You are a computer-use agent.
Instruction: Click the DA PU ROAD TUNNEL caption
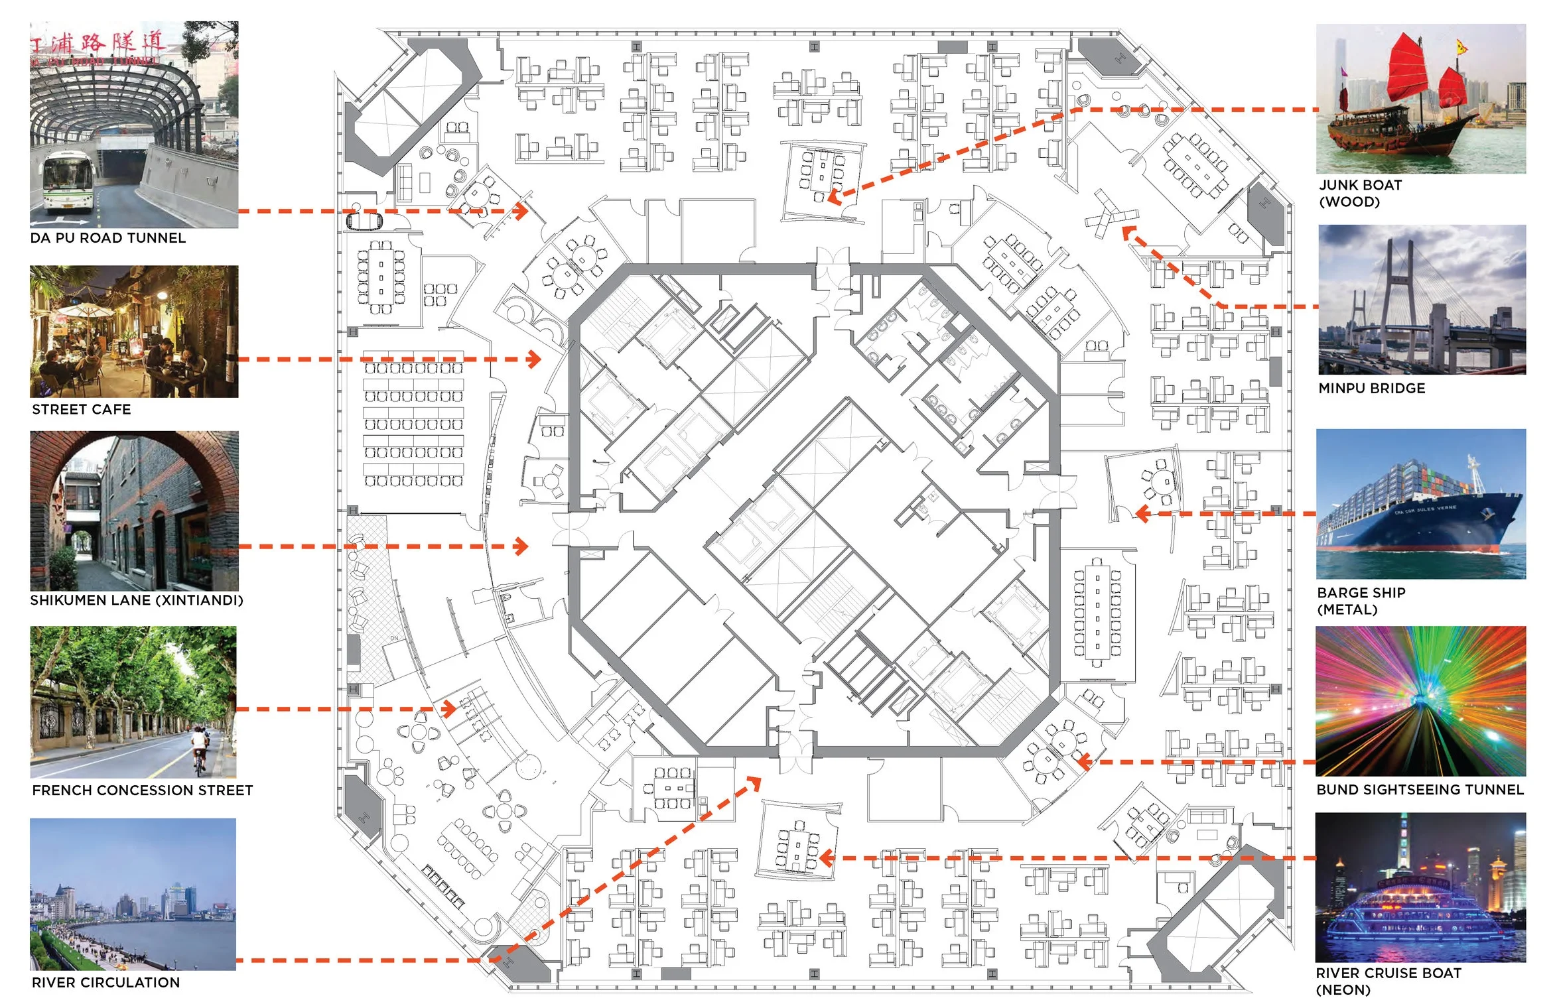click(x=108, y=238)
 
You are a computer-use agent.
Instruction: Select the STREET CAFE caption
click(x=82, y=410)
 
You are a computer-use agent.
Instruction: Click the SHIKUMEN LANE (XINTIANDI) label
click(x=137, y=600)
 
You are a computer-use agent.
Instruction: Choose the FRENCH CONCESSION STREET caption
click(x=143, y=790)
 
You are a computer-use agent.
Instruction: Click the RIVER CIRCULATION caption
click(x=106, y=982)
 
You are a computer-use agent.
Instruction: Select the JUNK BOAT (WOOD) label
click(x=1360, y=193)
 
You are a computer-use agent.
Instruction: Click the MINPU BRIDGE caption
click(x=1372, y=389)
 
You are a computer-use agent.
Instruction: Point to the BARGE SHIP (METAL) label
click(x=1361, y=601)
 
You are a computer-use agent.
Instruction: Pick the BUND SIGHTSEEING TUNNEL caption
click(x=1420, y=790)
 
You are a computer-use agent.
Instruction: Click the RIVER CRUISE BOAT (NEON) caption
click(x=1388, y=981)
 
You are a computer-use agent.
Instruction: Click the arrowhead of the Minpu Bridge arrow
click(x=1126, y=232)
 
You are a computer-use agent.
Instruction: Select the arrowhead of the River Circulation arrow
click(x=755, y=783)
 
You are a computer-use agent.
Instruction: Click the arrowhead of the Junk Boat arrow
click(x=833, y=196)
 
